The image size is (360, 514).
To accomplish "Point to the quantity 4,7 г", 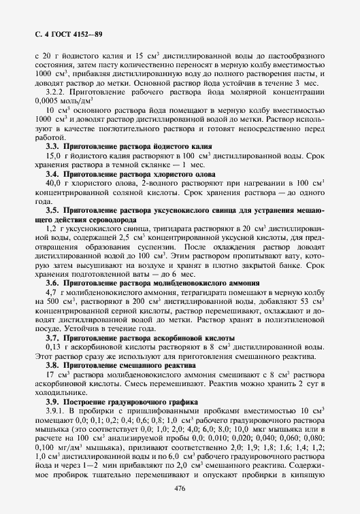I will pos(53,291).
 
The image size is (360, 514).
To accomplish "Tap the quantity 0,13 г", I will pos(55,347).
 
